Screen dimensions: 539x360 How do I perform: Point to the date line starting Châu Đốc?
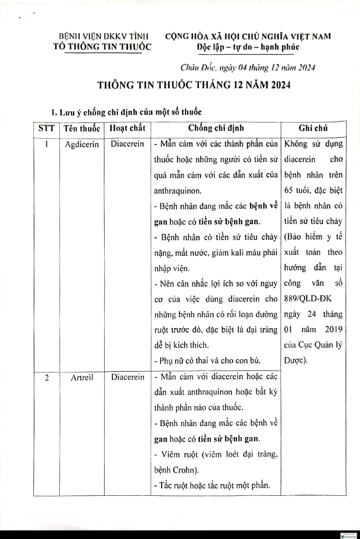pyautogui.click(x=248, y=68)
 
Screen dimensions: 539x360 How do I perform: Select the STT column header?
pyautogui.click(x=46, y=128)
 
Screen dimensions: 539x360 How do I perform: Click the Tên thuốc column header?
pyautogui.click(x=81, y=128)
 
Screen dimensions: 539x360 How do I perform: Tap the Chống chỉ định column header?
pyautogui.click(x=215, y=128)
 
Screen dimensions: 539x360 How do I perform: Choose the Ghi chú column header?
pyautogui.click(x=313, y=128)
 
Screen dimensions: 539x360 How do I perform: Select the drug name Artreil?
pyautogui.click(x=81, y=378)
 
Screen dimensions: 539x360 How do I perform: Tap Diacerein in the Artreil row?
pyautogui.click(x=127, y=378)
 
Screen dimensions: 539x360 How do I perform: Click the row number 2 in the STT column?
pyautogui.click(x=46, y=378)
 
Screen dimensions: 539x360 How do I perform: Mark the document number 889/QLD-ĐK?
pyautogui.click(x=307, y=299)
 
